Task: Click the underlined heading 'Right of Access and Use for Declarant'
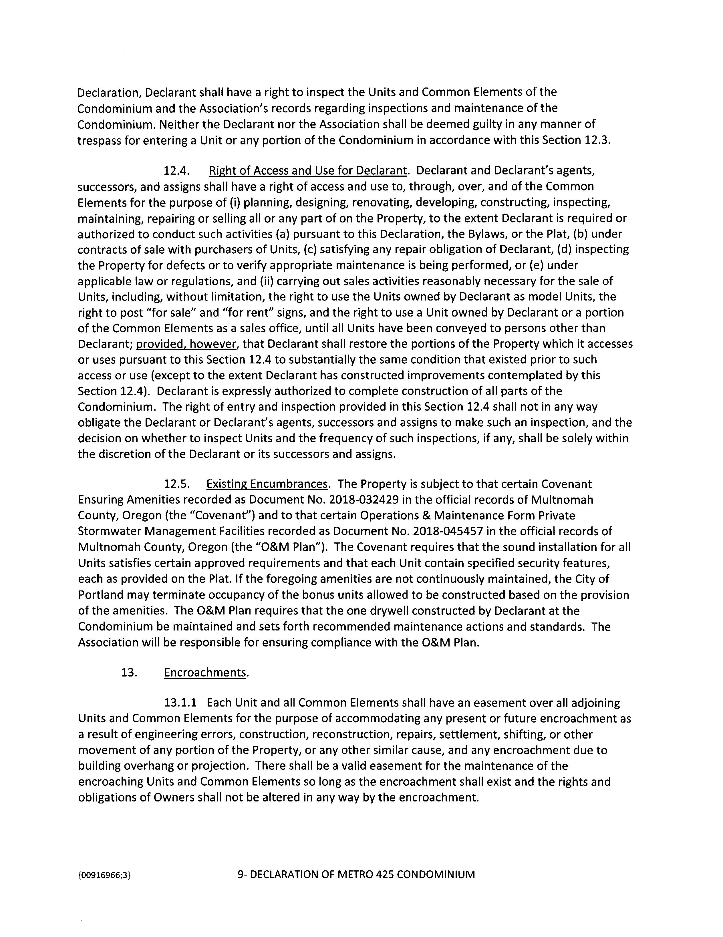pyautogui.click(x=307, y=171)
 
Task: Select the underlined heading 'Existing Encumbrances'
pyautogui.click(x=267, y=484)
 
